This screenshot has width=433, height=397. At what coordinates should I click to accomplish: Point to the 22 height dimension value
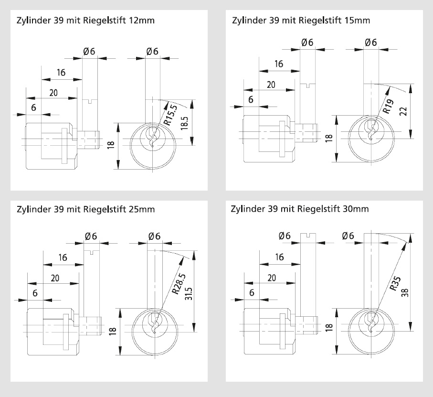(403, 111)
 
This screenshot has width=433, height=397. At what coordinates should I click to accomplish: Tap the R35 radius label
(395, 282)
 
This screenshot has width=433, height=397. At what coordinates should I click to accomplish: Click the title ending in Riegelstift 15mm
(301, 21)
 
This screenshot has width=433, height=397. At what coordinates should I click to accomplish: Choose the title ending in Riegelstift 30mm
(299, 209)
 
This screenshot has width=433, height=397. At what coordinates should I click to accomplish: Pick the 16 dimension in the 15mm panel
(278, 64)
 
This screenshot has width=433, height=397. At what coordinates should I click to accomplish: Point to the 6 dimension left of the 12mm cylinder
(33, 107)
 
